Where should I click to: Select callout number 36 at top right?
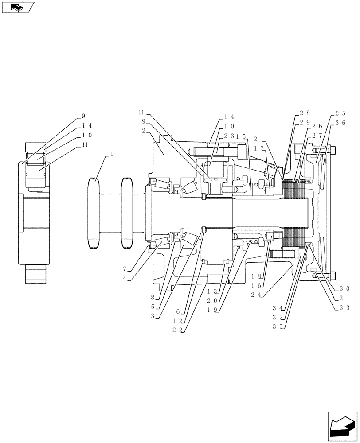pos(340,122)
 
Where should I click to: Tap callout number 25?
pos(340,113)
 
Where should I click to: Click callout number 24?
pos(255,294)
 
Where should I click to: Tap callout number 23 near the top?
pos(229,136)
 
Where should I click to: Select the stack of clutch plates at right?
pos(295,213)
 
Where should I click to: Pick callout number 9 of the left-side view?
pos(83,117)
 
